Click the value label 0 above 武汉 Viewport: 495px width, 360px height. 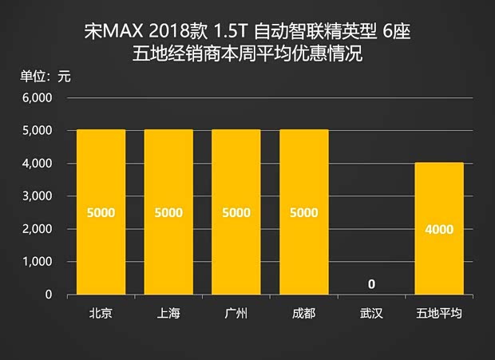372,284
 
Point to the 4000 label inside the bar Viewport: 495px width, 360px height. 440,229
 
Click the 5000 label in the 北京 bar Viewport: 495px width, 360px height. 101,213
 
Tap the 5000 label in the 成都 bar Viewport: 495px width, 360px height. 304,213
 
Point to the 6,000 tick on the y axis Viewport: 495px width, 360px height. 36,98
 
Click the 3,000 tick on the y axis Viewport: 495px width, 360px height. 36,196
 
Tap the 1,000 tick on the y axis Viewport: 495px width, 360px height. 36,262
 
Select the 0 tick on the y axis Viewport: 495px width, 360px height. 48,295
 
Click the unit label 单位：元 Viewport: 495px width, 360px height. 46,77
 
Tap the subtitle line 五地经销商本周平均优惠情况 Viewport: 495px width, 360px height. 247,56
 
